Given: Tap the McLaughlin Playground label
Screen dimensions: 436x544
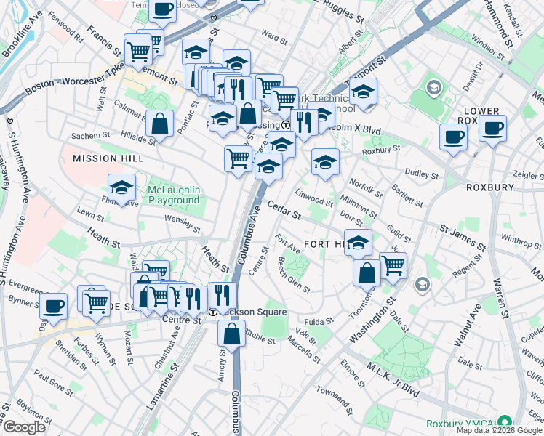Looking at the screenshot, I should pos(173,195).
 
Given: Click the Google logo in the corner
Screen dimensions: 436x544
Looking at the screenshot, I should pos(25,427).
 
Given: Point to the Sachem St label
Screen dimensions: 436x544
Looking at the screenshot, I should pos(91,135).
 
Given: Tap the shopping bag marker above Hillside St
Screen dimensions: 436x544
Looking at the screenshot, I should pos(159,125).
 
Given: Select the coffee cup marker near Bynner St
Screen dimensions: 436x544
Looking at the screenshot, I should pos(53,306).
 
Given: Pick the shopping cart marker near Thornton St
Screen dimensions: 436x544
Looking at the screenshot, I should pos(393,266).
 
